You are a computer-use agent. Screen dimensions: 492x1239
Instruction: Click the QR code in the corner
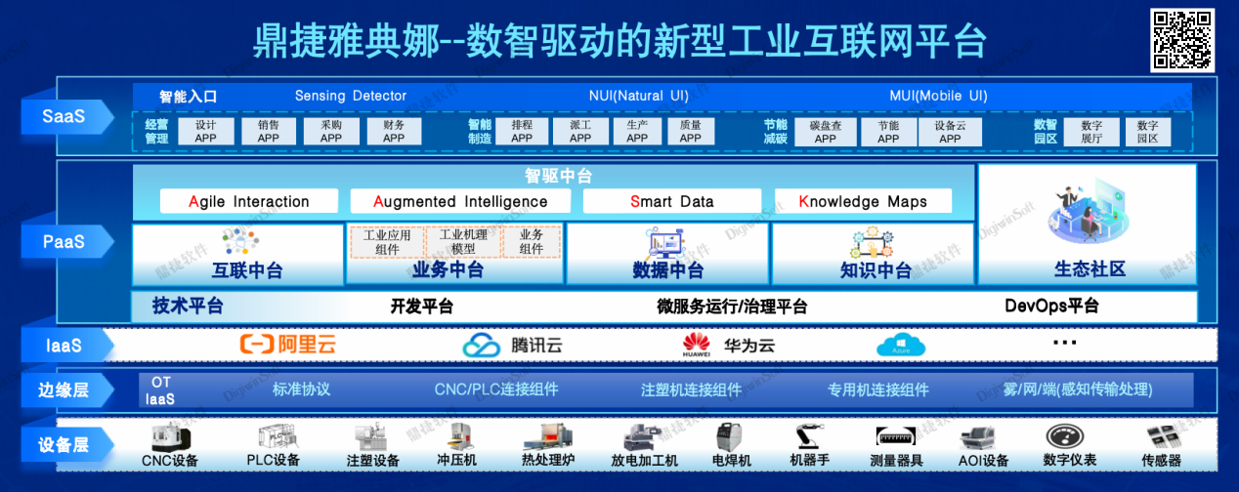tap(1181, 39)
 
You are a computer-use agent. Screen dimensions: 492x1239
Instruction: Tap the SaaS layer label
tap(63, 117)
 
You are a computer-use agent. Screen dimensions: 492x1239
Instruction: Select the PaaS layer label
tap(63, 241)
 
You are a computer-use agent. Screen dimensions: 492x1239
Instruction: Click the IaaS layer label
tap(63, 345)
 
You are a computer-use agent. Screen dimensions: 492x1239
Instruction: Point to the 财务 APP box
tap(394, 132)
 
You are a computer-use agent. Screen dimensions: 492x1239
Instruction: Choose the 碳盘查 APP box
tap(825, 132)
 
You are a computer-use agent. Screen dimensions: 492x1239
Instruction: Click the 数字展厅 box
tap(1090, 132)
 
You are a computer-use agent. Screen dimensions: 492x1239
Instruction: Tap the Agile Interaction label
tap(249, 202)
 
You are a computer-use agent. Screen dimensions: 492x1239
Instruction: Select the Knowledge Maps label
tap(863, 202)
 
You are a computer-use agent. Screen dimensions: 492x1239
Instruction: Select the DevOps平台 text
tap(1051, 307)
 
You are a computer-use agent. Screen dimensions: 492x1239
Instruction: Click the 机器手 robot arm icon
tap(808, 436)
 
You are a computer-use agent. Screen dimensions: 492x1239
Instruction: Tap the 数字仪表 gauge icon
tap(1069, 436)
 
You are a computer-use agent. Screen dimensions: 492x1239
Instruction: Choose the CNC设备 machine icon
tap(170, 436)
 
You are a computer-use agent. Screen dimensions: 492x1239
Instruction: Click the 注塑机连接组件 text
tap(691, 389)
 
